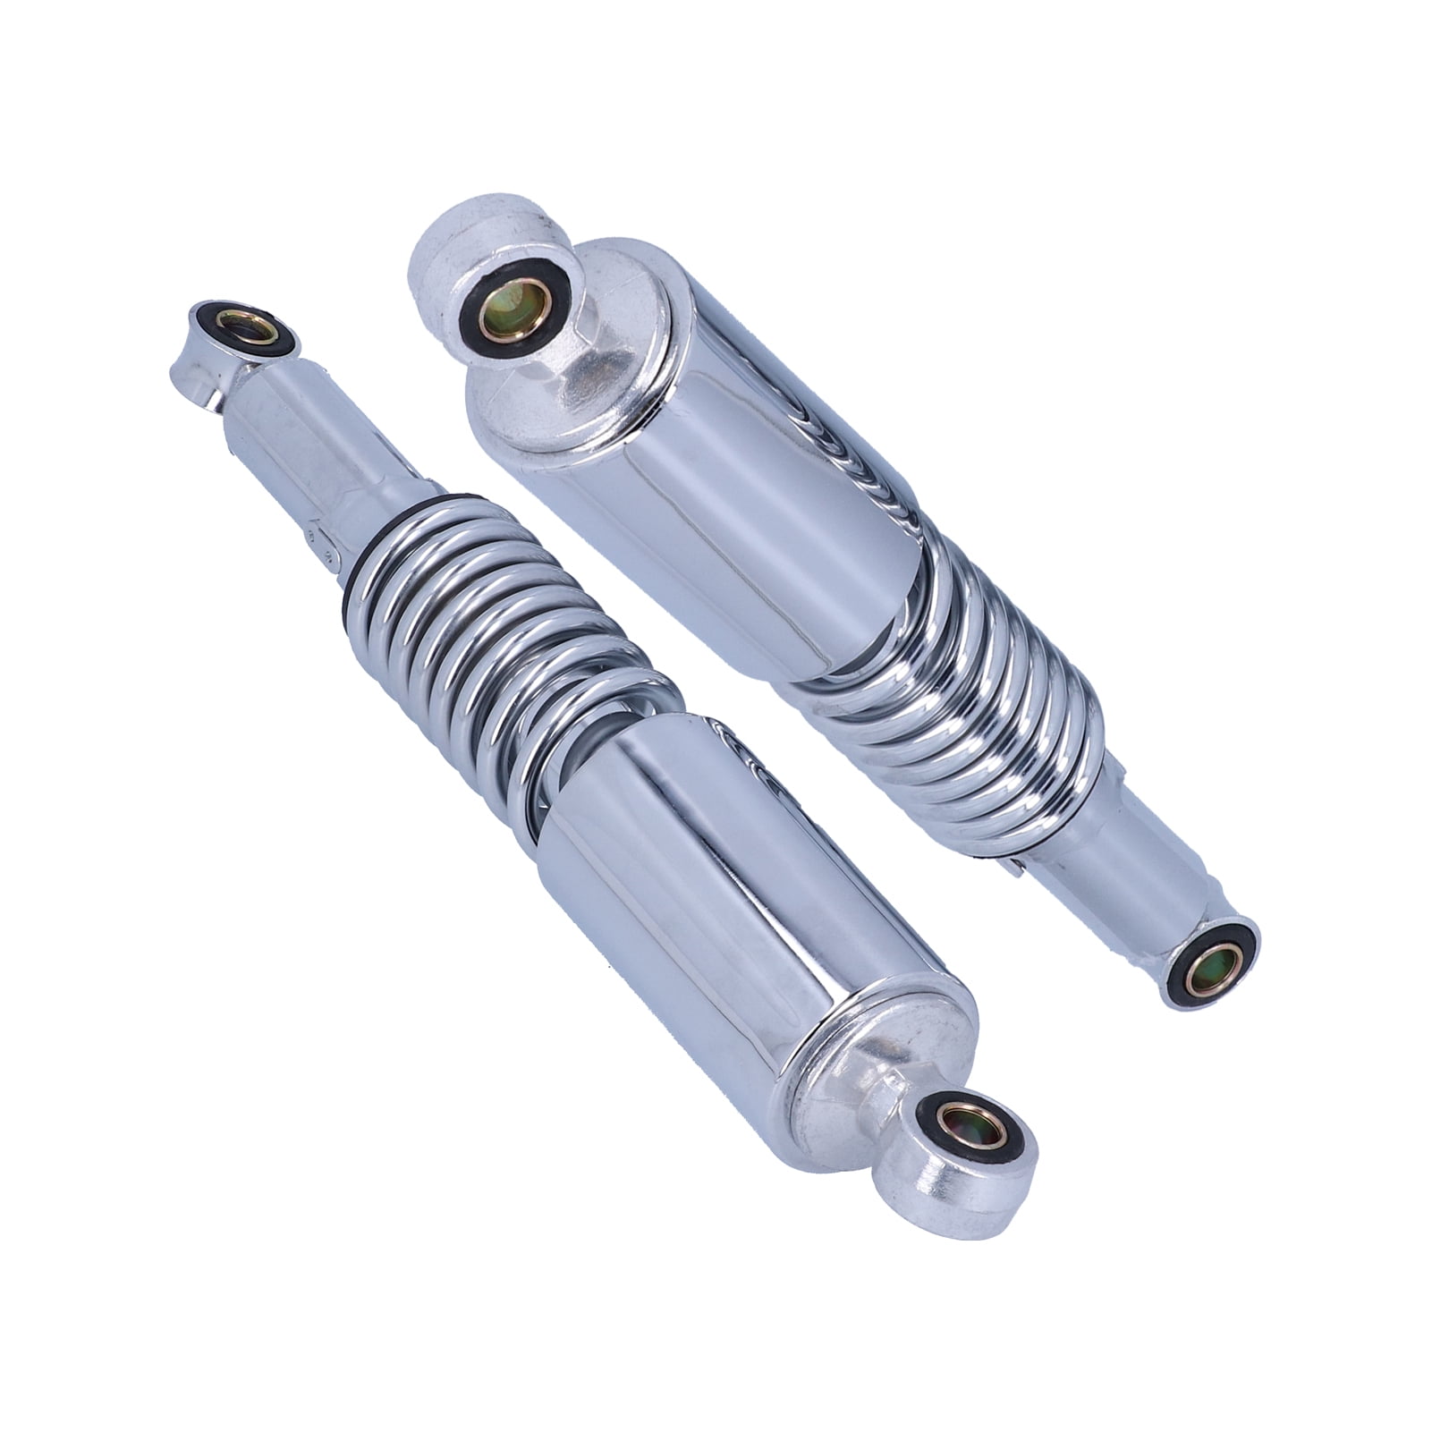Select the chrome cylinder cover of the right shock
760,465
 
